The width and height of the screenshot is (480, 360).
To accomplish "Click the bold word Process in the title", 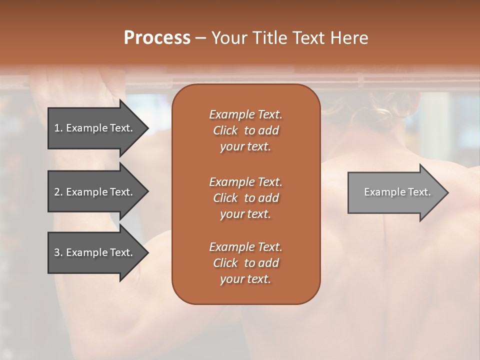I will [x=157, y=37].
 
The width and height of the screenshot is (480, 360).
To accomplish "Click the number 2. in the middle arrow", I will [x=58, y=192].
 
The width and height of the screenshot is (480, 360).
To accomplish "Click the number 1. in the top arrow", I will [x=58, y=128].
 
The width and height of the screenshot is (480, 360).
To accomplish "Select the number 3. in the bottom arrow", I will [x=58, y=252].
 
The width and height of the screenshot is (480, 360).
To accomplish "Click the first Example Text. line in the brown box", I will [x=245, y=114].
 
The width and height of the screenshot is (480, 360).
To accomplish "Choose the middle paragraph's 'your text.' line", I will [x=245, y=214].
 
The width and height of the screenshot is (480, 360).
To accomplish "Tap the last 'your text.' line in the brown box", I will [x=245, y=279].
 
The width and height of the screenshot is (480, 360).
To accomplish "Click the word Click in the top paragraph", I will [x=225, y=130].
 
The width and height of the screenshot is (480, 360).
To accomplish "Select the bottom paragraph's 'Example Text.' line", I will [x=245, y=247].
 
